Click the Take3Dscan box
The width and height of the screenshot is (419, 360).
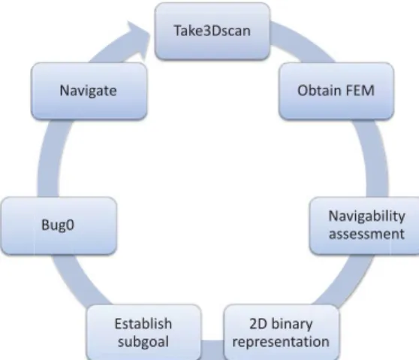click(213, 31)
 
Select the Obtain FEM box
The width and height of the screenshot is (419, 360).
click(336, 91)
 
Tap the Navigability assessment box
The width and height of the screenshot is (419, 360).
click(364, 225)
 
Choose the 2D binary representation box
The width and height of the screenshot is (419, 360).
click(281, 332)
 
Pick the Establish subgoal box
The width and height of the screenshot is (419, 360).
click(143, 332)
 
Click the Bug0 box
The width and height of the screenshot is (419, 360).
click(59, 225)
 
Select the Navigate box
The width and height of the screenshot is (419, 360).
click(89, 91)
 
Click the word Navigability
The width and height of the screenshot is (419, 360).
click(366, 216)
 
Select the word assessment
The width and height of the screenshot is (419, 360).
click(366, 234)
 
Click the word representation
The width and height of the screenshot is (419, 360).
click(281, 342)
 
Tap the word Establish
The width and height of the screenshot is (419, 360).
click(143, 324)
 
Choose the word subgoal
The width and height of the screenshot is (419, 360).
click(143, 342)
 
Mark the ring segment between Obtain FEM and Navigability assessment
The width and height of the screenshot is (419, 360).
click(375, 158)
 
